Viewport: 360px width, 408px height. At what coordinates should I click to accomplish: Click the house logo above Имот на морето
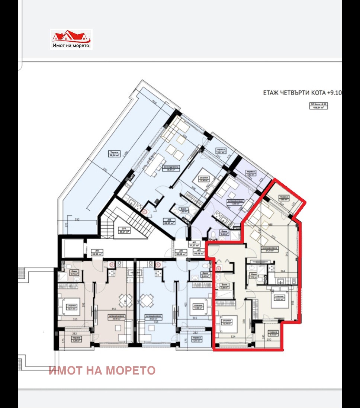click(x=71, y=36)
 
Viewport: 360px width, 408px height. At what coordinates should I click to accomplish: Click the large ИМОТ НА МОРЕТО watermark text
click(x=102, y=370)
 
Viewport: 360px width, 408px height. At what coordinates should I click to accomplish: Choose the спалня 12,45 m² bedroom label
click(x=203, y=179)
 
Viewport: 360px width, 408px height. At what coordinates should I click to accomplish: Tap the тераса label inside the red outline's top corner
click(x=284, y=198)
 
